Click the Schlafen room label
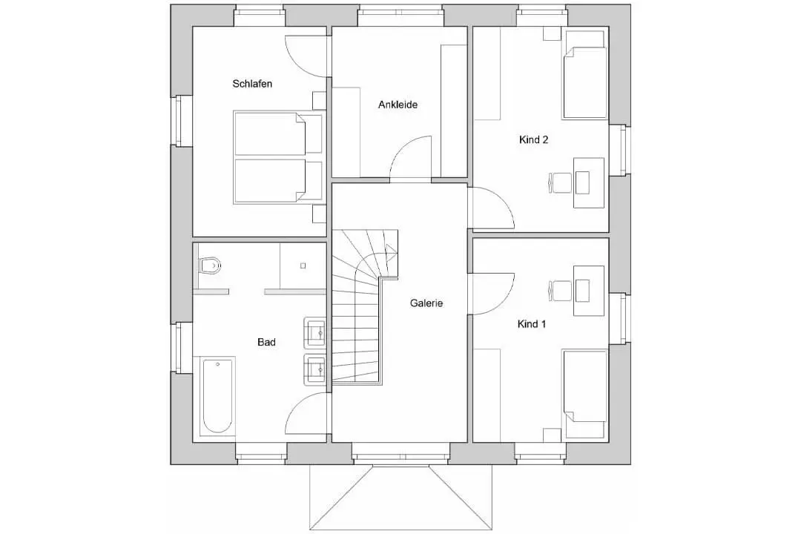[252, 83]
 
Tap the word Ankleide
[398, 105]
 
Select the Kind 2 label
[533, 139]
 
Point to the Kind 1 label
[532, 324]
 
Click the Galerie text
[426, 303]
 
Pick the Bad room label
[267, 343]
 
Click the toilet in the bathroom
[209, 266]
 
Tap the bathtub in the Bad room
[217, 397]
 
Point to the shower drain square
[303, 266]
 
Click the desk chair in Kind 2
[561, 182]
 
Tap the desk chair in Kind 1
[561, 290]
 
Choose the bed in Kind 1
[585, 387]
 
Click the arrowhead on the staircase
[392, 251]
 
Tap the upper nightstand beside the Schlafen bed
[319, 101]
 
